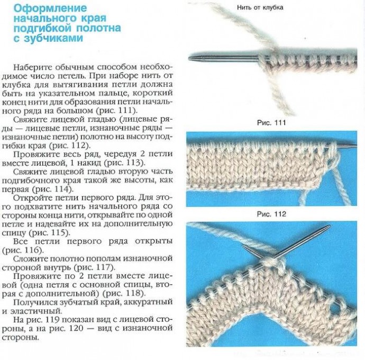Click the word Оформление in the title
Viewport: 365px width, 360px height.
point(50,8)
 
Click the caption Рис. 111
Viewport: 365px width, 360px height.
point(271,123)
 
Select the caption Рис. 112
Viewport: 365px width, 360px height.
point(271,214)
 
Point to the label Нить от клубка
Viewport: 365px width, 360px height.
point(260,7)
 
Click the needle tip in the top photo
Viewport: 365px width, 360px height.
point(189,57)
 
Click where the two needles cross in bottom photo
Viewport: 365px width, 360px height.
point(273,257)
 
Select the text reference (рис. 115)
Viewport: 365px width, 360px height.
point(49,232)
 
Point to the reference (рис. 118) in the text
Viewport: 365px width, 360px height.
point(122,293)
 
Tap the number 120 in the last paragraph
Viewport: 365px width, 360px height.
point(76,328)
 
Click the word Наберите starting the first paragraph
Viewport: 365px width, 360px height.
point(32,67)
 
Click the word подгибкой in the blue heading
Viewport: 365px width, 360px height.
point(42,28)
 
